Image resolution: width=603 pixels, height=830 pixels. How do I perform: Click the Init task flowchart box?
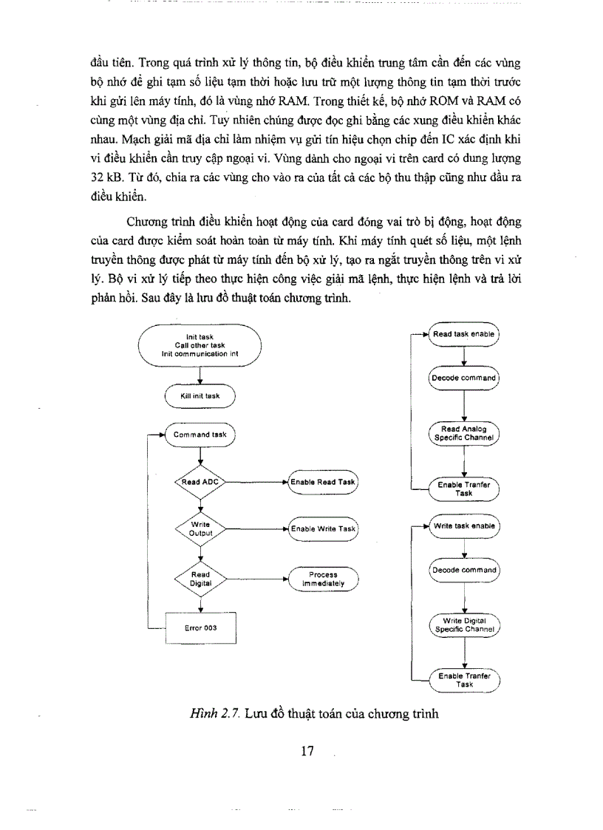(x=200, y=345)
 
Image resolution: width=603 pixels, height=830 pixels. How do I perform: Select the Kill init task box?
(x=200, y=396)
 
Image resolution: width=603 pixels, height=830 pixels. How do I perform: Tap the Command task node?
(x=200, y=435)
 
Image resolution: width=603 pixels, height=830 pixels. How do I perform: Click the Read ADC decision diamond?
(x=200, y=482)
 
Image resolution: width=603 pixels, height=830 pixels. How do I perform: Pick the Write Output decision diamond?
(x=200, y=528)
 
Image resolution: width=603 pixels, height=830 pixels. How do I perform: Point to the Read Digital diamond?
(x=200, y=578)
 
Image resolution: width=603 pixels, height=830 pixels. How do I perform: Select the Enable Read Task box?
(x=323, y=482)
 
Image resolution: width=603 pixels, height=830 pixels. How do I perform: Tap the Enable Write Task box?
(x=323, y=528)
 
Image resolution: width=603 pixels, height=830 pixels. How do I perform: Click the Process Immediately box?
(x=323, y=578)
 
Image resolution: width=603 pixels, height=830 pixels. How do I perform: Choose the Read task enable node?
(x=464, y=334)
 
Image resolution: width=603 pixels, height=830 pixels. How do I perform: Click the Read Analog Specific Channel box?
(x=464, y=432)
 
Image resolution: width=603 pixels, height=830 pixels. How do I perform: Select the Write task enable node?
(x=464, y=525)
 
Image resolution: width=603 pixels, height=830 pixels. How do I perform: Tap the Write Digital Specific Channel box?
(x=464, y=625)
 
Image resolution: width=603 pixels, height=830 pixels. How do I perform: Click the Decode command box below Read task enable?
(x=464, y=378)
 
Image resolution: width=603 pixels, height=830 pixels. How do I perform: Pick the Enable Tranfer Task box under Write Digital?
(x=464, y=679)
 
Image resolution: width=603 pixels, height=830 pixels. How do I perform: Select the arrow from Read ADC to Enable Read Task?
(x=256, y=482)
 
